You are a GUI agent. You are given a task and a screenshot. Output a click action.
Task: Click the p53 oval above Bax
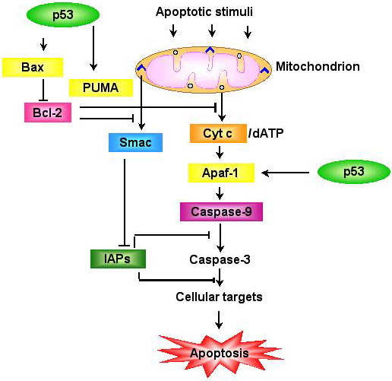(63, 14)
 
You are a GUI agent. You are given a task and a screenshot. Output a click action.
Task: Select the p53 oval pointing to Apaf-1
(354, 172)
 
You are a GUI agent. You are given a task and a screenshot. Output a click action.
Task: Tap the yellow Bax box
(33, 67)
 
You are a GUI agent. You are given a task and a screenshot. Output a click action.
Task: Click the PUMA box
(101, 87)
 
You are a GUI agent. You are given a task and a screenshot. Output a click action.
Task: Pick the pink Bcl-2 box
(48, 113)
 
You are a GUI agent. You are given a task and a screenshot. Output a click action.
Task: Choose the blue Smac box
(135, 142)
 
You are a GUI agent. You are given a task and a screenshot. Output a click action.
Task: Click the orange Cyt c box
(218, 133)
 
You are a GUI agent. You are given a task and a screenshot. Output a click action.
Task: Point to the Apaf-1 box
(221, 173)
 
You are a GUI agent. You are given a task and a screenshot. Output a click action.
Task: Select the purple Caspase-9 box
(221, 211)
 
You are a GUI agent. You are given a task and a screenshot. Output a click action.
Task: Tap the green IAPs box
(118, 259)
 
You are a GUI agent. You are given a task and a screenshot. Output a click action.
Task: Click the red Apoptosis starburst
(220, 354)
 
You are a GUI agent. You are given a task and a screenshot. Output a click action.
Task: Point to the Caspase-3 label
(220, 259)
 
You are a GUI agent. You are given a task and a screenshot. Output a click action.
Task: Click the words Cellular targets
(219, 297)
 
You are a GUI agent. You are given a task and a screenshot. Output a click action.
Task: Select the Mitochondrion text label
(318, 66)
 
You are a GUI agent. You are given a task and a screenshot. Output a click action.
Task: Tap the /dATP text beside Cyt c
(266, 133)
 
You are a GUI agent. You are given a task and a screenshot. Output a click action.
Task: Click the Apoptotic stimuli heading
(204, 11)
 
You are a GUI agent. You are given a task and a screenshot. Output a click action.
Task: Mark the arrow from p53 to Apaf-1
(286, 173)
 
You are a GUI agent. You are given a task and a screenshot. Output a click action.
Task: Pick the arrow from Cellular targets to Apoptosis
(219, 320)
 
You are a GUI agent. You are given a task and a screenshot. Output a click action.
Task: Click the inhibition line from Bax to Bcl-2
(43, 90)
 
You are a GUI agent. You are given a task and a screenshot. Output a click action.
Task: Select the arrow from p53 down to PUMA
(93, 48)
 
